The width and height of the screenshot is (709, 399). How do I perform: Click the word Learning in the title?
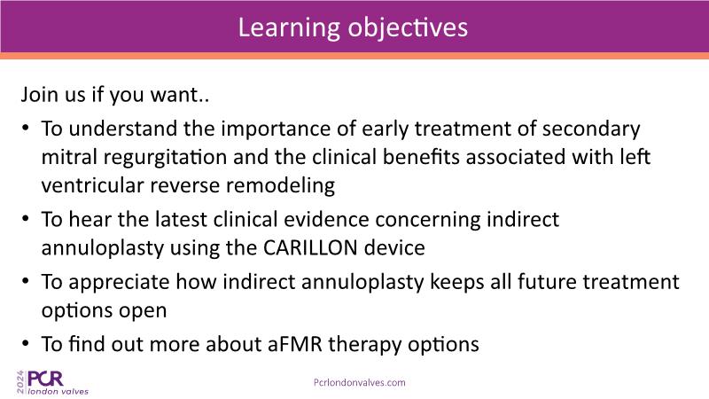pyautogui.click(x=289, y=28)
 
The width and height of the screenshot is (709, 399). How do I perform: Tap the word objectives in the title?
pyautogui.click(x=408, y=28)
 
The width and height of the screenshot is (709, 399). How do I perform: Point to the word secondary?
pyautogui.click(x=591, y=129)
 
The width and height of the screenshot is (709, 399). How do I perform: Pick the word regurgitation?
pyautogui.click(x=165, y=158)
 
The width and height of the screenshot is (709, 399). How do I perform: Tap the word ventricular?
pyautogui.click(x=92, y=185)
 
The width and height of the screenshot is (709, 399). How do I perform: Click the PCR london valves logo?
pyautogui.click(x=52, y=383)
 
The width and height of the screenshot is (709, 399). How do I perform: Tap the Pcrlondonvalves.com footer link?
pyautogui.click(x=360, y=383)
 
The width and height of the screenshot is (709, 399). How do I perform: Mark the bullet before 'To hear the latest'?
pyautogui.click(x=26, y=219)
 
